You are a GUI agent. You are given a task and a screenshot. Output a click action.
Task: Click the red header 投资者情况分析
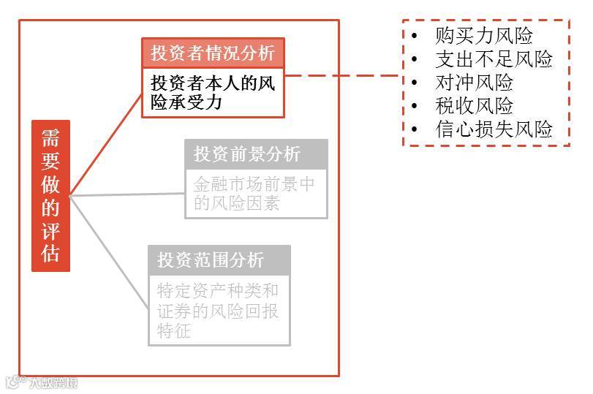[x=213, y=53]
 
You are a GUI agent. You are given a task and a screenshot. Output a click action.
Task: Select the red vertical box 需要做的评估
[x=50, y=195]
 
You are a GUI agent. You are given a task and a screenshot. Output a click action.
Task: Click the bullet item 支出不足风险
[x=494, y=59]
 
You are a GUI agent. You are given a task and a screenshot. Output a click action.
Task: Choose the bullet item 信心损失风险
[x=494, y=129]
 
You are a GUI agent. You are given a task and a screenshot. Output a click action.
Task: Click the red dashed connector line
[x=344, y=75]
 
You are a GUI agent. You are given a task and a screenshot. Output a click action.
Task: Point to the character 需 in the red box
[x=50, y=139]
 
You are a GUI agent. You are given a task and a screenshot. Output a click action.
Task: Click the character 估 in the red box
[x=50, y=253]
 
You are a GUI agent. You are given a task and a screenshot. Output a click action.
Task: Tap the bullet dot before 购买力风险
[x=415, y=36]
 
